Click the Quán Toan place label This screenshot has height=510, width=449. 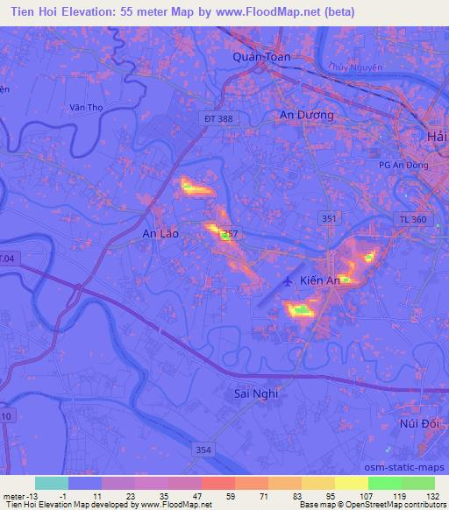pos(261,56)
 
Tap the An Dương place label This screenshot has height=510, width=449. pos(306,115)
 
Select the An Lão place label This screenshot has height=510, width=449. pos(160,234)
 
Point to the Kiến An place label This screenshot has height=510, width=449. pos(319,280)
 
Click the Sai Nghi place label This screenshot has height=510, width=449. pos(256,393)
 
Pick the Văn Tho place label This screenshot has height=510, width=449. pos(87,108)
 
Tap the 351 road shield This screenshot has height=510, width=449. pos(327,216)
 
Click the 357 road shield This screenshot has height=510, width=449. pos(230,233)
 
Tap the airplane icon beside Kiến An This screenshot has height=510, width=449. pos(289,281)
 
